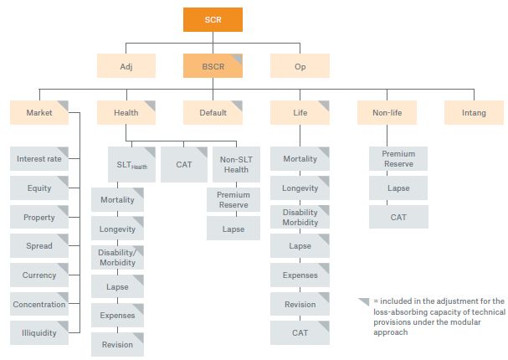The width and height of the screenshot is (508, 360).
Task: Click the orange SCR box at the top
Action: coord(213,19)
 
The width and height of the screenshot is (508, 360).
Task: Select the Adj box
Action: coord(126,65)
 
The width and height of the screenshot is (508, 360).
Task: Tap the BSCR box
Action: coord(213,65)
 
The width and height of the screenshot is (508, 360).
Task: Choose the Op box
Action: coord(300,65)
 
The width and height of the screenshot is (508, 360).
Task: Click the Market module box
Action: coord(39,112)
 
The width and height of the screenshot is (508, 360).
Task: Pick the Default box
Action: coord(213,112)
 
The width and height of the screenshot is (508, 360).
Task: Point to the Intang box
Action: coord(474,112)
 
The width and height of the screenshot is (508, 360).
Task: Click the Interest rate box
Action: coord(39,158)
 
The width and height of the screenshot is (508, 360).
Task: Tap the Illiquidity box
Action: coord(39,332)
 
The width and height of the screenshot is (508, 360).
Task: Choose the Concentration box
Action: coord(39,304)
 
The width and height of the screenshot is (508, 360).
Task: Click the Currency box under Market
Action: coord(39,275)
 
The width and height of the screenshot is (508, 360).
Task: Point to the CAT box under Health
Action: coord(184,164)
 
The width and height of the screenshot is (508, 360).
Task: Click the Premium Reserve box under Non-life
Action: coord(398,158)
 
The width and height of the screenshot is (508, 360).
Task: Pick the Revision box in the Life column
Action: coord(300,304)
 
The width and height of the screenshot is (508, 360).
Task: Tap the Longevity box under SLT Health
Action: coord(117,229)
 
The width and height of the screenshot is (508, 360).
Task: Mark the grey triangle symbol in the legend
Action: coord(363,301)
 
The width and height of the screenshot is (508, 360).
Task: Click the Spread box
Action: coord(39,246)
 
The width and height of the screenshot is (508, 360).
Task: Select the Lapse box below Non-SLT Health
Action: coord(233,229)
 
